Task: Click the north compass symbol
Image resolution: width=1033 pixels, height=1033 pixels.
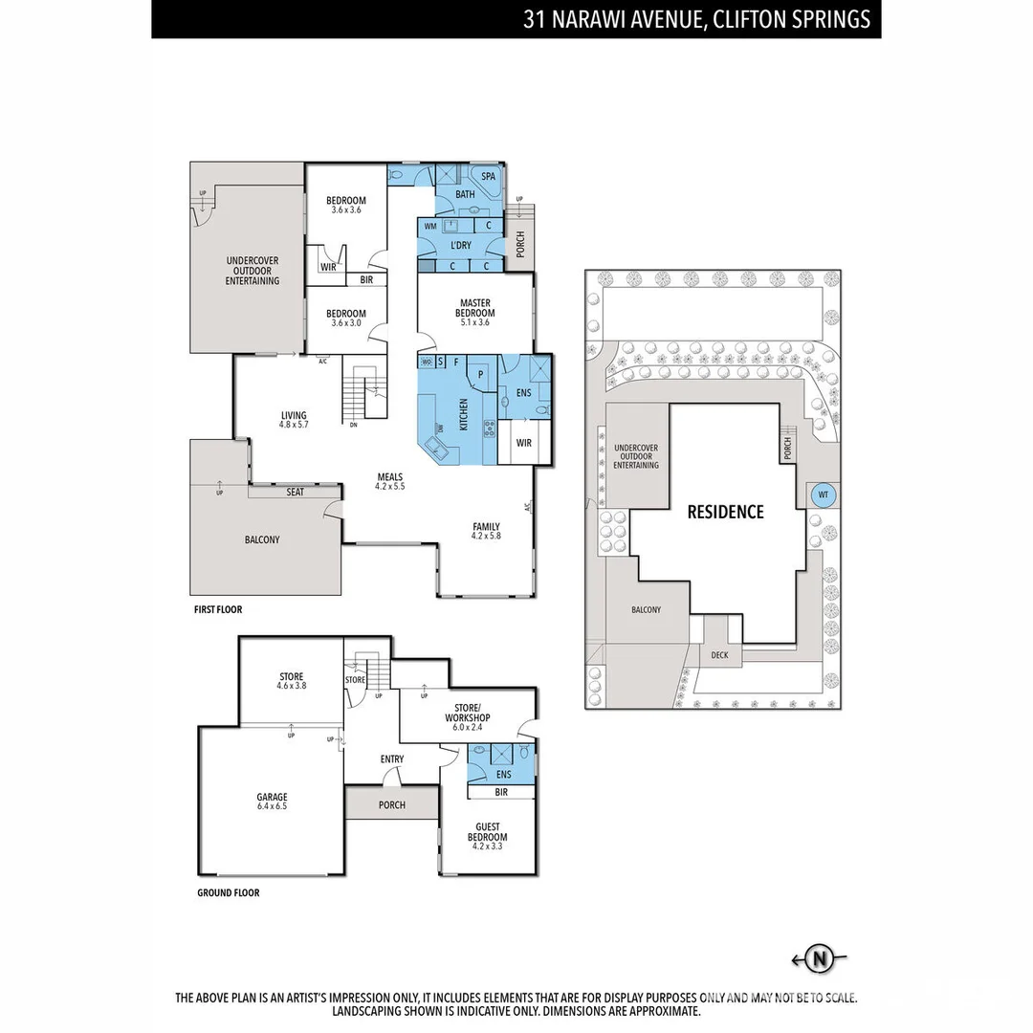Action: tap(819, 958)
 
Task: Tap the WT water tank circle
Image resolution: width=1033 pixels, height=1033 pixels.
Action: tap(822, 495)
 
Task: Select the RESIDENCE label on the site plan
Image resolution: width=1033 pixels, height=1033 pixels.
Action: tap(726, 512)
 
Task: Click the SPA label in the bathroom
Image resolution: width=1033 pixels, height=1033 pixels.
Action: tap(488, 177)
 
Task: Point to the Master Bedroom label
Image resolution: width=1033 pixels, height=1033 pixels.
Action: tap(475, 308)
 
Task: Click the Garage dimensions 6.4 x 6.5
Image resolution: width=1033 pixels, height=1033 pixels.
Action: tap(272, 806)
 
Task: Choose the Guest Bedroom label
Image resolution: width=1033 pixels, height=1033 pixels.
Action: tap(487, 832)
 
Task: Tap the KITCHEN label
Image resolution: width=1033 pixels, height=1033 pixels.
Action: tap(463, 414)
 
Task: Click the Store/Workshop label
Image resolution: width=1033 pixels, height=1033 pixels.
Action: tap(468, 713)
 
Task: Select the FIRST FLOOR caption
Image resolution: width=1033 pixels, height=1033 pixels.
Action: tap(218, 609)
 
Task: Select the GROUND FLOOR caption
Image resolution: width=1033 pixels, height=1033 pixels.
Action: tap(227, 892)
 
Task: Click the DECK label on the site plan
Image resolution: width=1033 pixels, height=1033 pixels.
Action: tap(719, 655)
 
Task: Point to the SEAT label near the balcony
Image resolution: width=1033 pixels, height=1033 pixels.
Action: tap(296, 493)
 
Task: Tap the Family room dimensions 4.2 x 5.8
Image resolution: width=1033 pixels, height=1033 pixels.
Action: tap(486, 537)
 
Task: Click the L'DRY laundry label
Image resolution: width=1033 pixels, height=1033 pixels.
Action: tap(461, 246)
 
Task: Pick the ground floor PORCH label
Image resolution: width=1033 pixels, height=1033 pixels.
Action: tap(391, 804)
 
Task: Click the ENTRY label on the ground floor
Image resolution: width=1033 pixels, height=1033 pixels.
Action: tap(392, 759)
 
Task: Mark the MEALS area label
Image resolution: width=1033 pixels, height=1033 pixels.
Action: tap(390, 476)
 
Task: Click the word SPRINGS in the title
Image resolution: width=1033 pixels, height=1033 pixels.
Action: tap(832, 19)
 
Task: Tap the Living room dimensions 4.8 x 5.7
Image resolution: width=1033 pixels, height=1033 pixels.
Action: tap(294, 425)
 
